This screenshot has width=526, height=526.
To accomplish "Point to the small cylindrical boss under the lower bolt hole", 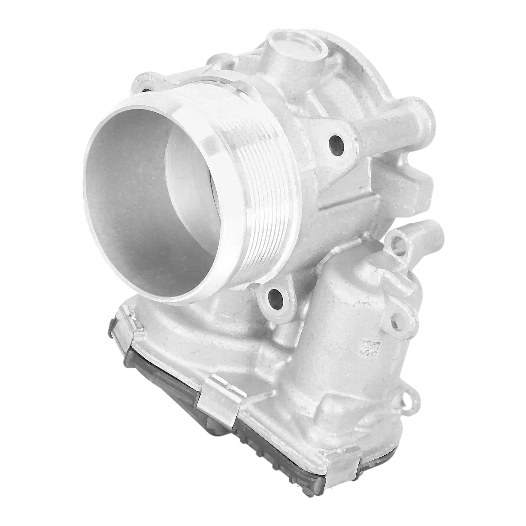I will [282, 337].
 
